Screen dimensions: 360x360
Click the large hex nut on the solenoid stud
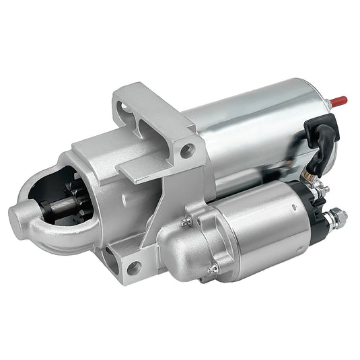point(338,217)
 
